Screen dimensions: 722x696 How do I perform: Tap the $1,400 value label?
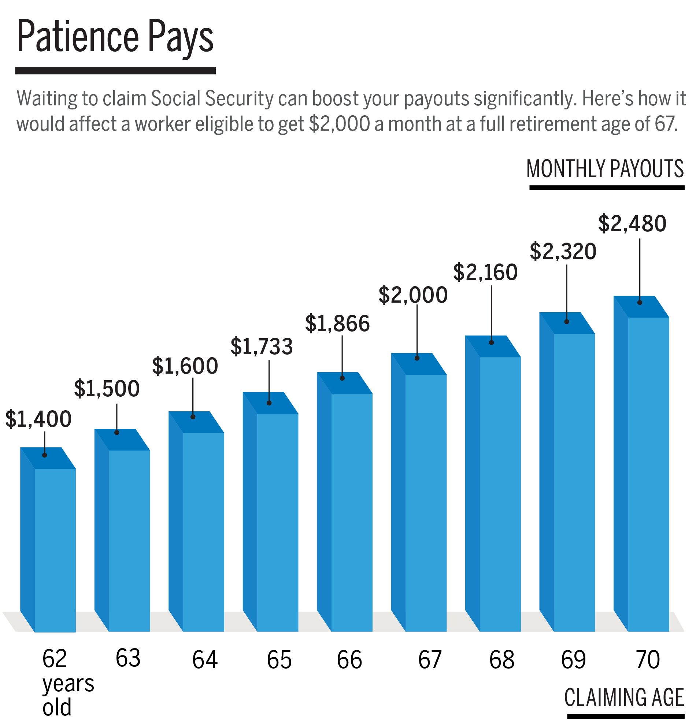(38, 419)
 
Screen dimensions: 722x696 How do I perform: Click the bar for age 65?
(274, 516)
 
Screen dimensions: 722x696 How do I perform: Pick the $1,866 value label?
(337, 323)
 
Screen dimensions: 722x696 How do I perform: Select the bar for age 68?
(496, 486)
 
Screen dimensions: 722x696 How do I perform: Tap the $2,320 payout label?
(563, 252)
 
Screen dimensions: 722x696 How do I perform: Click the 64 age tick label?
(205, 659)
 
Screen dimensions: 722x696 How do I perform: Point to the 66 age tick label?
(349, 659)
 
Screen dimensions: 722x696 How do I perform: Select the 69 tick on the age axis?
(573, 659)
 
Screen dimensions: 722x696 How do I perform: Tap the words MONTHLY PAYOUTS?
(605, 169)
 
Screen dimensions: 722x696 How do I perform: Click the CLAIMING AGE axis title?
(624, 697)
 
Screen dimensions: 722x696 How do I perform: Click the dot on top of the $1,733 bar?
(269, 403)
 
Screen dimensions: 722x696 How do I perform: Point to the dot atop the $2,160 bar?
(491, 343)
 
